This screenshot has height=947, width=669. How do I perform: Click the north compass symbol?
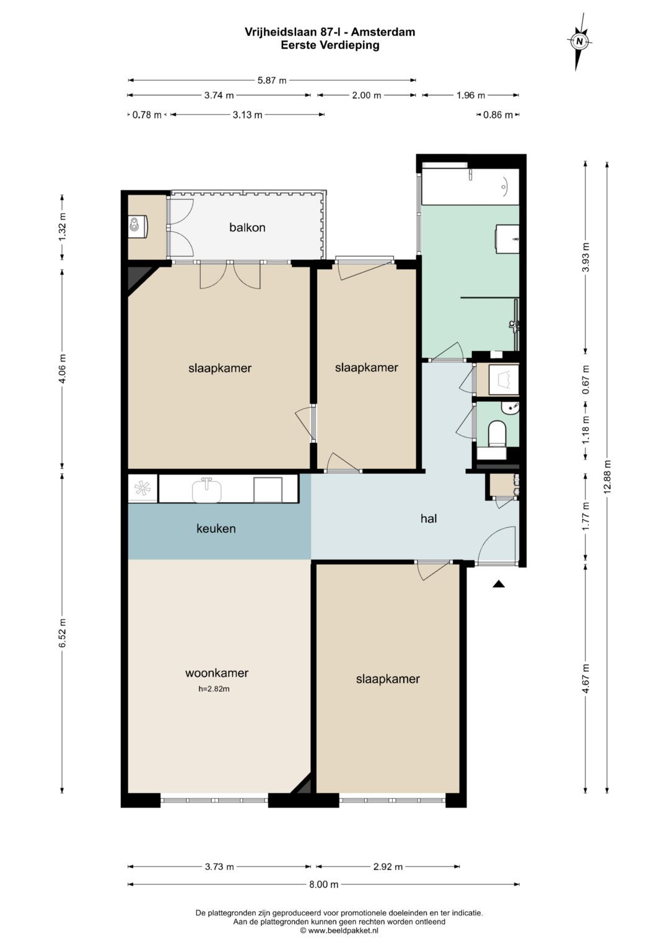pyautogui.click(x=579, y=42)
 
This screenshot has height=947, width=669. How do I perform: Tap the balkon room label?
pyautogui.click(x=247, y=228)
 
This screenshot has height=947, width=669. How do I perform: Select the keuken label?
pyautogui.click(x=216, y=528)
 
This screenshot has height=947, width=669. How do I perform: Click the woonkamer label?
pyautogui.click(x=217, y=673)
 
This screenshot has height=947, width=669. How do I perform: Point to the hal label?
pyautogui.click(x=428, y=518)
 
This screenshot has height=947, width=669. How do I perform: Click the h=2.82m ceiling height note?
pyautogui.click(x=214, y=688)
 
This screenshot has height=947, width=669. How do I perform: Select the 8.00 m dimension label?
pyautogui.click(x=324, y=884)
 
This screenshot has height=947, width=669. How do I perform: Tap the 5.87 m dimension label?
pyautogui.click(x=272, y=81)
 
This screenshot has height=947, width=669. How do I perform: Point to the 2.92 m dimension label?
pyautogui.click(x=388, y=867)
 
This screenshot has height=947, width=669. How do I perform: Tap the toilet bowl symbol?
pyautogui.click(x=497, y=434)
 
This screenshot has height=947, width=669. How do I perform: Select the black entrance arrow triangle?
pyautogui.click(x=499, y=584)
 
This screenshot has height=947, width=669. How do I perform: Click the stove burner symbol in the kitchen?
pyautogui.click(x=142, y=489)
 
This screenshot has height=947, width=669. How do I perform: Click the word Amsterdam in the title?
pyautogui.click(x=383, y=32)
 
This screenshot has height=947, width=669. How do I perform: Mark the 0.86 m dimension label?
pyautogui.click(x=498, y=115)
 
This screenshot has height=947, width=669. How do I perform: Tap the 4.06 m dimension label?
pyautogui.click(x=63, y=368)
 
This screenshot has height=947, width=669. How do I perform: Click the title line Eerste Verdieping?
pyautogui.click(x=330, y=45)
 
